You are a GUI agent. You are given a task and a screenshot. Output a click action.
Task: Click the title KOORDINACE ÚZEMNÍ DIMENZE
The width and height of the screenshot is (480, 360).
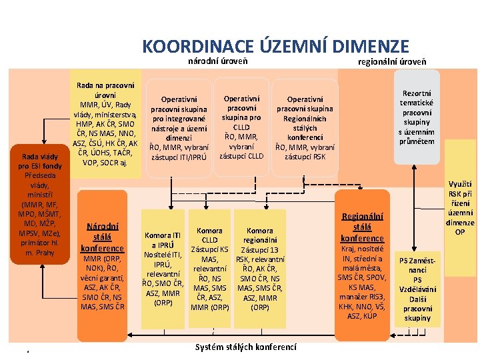pyautogui.click(x=275, y=47)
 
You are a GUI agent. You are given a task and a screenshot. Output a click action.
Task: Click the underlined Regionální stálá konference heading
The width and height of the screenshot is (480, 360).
pyautogui.click(x=362, y=227)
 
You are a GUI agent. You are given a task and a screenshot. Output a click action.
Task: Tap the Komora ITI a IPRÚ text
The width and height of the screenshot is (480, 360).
pyautogui.click(x=163, y=239)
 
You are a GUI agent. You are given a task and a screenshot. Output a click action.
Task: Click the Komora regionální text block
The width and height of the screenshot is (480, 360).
pyautogui.click(x=260, y=235)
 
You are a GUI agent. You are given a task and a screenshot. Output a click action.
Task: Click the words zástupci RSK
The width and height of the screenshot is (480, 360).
pyautogui.click(x=305, y=157)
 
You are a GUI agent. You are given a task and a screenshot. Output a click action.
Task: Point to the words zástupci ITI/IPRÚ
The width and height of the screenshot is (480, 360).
pyautogui.click(x=179, y=157)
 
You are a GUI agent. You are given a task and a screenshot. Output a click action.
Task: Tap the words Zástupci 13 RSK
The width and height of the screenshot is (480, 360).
pyautogui.click(x=260, y=254)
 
